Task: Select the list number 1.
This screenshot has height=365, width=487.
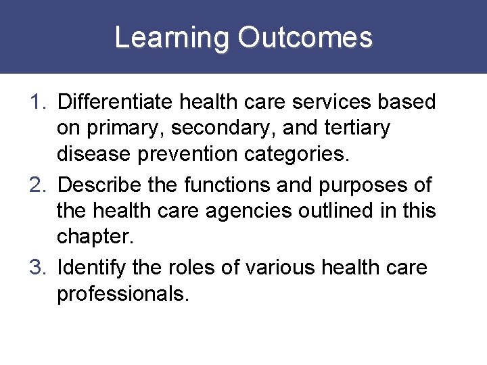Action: point(38,103)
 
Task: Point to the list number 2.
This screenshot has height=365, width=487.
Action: point(38,185)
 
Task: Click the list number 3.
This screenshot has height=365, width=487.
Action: point(38,268)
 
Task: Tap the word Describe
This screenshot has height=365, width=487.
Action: point(100,185)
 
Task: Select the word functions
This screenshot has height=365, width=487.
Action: point(225,185)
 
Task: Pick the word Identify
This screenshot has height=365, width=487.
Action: point(92,268)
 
